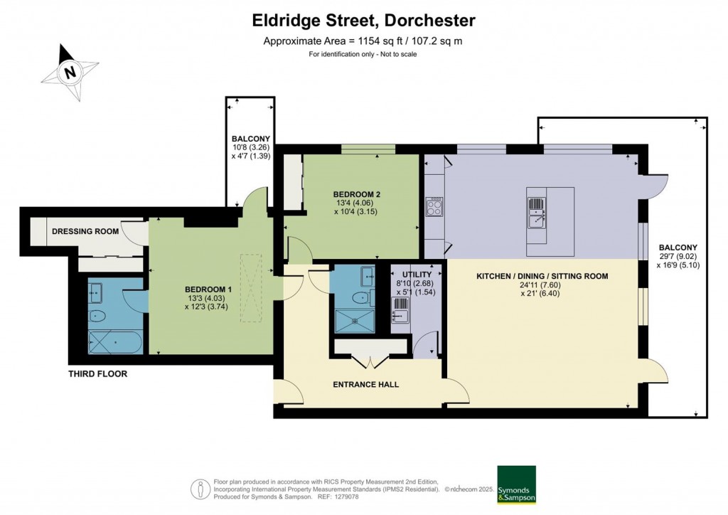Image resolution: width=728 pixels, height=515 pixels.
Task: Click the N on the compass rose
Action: coord(70,73)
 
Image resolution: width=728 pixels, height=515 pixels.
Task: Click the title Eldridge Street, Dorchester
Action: coord(363,21)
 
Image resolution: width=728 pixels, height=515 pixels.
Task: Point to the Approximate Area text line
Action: coord(363,41)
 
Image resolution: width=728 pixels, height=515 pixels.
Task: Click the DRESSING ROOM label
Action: coord(85,231)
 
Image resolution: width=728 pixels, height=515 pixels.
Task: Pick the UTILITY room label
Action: coord(417,274)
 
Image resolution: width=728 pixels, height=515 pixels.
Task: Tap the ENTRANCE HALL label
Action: coord(366,384)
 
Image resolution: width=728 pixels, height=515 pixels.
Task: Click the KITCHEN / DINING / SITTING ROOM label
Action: coord(542,276)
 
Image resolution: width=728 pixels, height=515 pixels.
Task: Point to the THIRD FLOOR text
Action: coord(97,373)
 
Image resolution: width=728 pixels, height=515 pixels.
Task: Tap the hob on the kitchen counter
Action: coord(434,207)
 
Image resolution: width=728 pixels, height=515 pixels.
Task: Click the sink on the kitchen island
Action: coord(537,213)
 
